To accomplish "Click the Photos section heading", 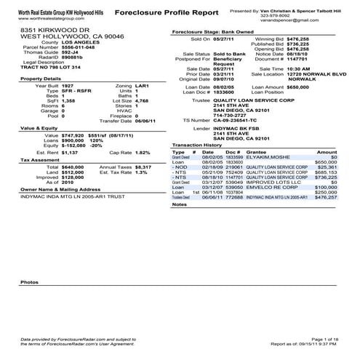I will pos(29,281).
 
